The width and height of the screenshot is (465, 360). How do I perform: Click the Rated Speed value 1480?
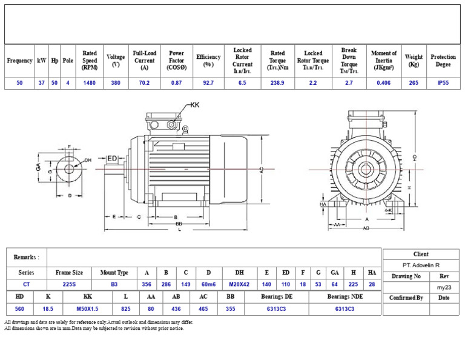point(90,83)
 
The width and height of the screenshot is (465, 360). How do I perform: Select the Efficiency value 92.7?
point(208,83)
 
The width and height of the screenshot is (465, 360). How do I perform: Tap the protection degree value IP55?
point(443,83)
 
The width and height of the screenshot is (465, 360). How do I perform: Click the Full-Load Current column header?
point(144,61)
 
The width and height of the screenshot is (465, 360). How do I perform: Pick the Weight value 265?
point(414,83)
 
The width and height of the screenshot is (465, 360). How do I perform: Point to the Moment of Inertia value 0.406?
point(383,83)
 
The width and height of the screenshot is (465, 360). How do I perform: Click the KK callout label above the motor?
point(194,105)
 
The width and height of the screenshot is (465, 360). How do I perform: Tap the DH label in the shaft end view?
point(88,160)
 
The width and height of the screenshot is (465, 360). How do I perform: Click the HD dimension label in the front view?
point(414,157)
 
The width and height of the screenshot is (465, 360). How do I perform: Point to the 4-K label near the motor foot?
point(389,210)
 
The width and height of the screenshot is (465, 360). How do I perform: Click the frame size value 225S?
point(69,284)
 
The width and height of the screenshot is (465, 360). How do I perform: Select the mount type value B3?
point(114,284)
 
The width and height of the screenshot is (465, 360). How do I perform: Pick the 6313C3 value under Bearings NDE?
point(345,309)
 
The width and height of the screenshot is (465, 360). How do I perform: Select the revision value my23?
point(444,287)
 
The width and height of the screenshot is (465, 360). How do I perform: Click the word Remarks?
point(26,258)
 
